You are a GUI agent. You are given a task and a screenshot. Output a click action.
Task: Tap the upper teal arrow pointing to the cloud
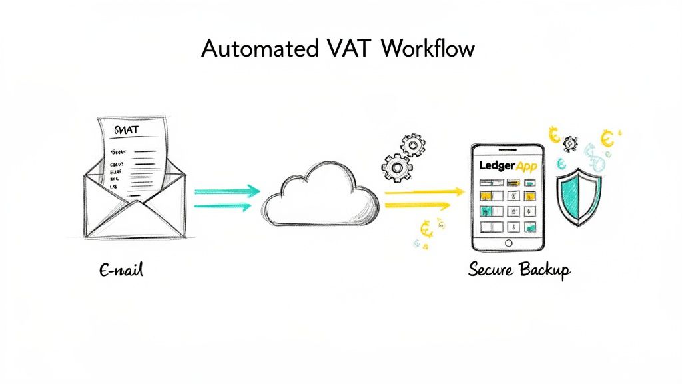coord(226,191)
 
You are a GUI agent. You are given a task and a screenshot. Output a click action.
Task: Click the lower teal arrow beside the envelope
coord(223,207)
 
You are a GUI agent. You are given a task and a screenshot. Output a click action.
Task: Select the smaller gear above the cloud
coord(413,143)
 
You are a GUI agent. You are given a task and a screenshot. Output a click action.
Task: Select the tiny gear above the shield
coord(570,143)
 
